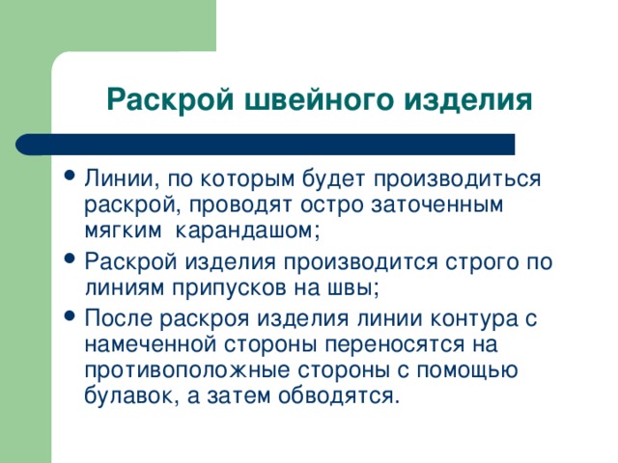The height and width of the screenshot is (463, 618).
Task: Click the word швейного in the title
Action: [319, 100]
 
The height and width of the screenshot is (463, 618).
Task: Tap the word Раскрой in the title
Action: [170, 99]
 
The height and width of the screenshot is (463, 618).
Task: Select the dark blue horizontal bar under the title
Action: [266, 145]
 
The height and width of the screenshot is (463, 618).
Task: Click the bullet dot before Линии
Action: [70, 175]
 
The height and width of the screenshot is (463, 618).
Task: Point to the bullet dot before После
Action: [70, 315]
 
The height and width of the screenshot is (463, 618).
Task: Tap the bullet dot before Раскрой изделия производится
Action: [70, 259]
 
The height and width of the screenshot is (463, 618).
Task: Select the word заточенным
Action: [436, 204]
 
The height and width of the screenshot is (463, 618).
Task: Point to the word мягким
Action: [123, 231]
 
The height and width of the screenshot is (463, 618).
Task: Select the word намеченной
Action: [151, 345]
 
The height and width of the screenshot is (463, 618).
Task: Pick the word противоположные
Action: [187, 371]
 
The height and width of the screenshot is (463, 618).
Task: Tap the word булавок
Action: [128, 396]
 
